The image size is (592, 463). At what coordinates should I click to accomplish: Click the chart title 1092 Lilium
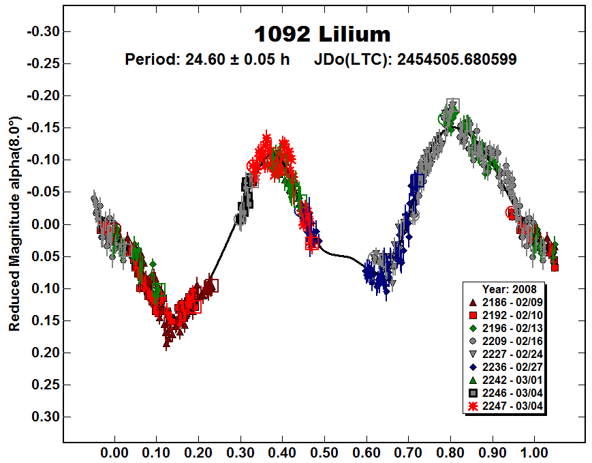pos(323,34)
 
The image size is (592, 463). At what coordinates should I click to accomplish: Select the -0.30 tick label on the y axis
pos(42,31)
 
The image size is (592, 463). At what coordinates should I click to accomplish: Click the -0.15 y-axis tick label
pos(42,128)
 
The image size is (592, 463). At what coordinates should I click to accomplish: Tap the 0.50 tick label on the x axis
pos(324,451)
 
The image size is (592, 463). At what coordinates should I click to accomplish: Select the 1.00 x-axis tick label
pos(534,451)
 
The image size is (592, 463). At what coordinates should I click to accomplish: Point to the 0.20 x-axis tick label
pos(198,451)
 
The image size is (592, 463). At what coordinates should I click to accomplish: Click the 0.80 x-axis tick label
pos(450,451)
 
